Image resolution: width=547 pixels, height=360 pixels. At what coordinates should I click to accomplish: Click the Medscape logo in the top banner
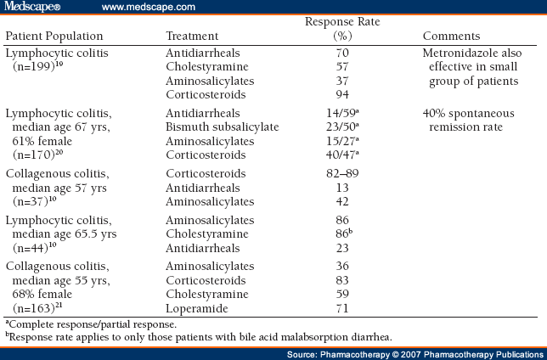(x=32, y=7)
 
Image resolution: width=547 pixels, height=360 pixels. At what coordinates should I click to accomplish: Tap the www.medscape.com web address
(x=149, y=7)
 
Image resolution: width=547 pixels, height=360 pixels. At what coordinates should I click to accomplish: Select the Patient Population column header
(x=54, y=36)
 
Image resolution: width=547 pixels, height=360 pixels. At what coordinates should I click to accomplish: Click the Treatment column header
(x=192, y=36)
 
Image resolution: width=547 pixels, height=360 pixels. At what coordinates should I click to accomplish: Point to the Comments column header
(x=451, y=36)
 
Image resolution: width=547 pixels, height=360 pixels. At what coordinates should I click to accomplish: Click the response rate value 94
(x=342, y=94)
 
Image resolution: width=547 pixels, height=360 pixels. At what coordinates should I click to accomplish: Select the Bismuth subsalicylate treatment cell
(x=223, y=127)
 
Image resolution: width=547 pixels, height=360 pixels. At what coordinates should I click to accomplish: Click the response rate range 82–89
(x=342, y=173)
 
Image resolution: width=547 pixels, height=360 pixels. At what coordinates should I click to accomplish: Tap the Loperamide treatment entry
(x=197, y=308)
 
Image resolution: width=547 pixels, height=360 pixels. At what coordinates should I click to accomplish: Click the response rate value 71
(x=342, y=308)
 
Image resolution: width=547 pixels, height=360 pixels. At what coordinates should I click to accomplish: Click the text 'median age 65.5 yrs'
(x=65, y=233)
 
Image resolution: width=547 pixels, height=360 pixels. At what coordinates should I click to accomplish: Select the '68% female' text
(x=42, y=294)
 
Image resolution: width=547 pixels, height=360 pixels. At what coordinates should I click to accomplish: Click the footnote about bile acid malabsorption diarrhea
(x=199, y=337)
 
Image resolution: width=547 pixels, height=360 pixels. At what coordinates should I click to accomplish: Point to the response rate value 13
(x=342, y=188)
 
